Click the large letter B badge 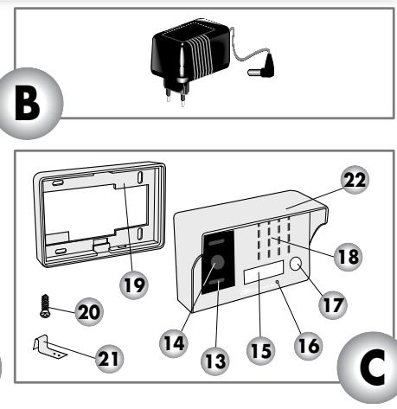pos(28,103)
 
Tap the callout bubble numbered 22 pos(355,180)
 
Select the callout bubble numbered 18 pos(349,257)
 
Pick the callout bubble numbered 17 pos(333,305)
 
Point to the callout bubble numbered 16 pos(308,346)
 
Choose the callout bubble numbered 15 pos(261,351)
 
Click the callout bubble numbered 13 pos(215,361)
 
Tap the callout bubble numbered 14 pos(174,343)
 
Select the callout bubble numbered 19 pos(134,284)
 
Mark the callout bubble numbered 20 pos(89,312)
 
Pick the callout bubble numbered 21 pos(109,359)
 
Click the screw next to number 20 pos(45,306)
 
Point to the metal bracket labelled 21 pos(49,348)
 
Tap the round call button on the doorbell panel pos(295,264)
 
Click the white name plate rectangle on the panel pos(264,272)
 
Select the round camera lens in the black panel pos(217,262)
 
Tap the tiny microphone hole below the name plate pos(278,282)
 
